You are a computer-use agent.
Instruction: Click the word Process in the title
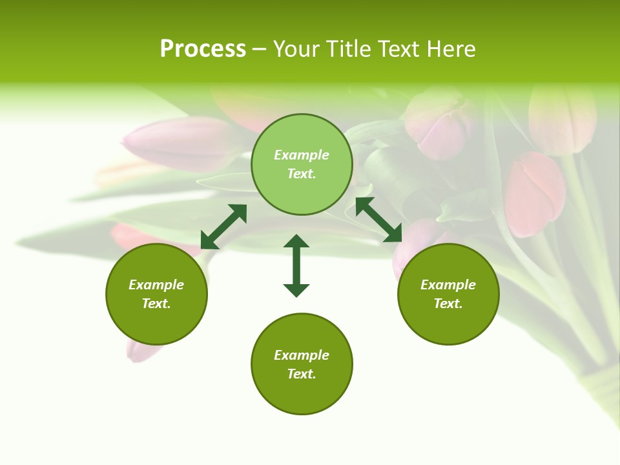tap(203, 49)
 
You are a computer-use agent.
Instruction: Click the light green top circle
tap(302, 165)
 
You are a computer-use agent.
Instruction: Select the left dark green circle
tap(156, 294)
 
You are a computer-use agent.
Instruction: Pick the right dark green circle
tap(448, 294)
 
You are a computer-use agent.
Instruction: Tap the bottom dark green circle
tap(302, 364)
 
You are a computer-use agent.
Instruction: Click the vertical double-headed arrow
tap(296, 265)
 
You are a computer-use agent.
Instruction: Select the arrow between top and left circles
tap(223, 226)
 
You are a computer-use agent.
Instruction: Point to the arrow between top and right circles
tap(378, 220)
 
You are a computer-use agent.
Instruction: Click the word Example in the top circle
tap(302, 155)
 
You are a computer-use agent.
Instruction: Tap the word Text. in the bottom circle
tap(302, 374)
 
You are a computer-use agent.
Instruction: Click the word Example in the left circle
tap(156, 285)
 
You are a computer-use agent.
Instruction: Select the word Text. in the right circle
tap(448, 304)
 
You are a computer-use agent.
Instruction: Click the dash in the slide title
tap(259, 49)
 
